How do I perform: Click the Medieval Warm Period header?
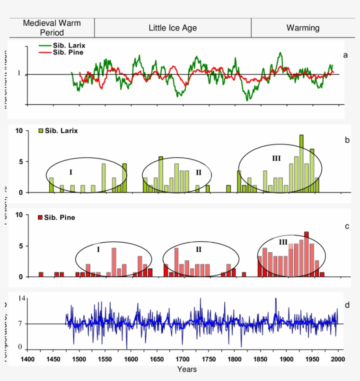(x=52, y=28)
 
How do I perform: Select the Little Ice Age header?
(x=173, y=28)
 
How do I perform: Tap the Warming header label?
(x=303, y=28)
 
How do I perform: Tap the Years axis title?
(x=187, y=369)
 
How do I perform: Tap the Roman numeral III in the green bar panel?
(x=276, y=159)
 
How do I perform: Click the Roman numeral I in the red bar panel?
(x=98, y=249)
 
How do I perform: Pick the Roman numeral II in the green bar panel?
(x=198, y=172)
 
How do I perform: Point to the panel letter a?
(x=345, y=55)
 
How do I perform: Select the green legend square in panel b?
(x=41, y=131)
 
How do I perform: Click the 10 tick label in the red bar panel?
(x=19, y=215)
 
